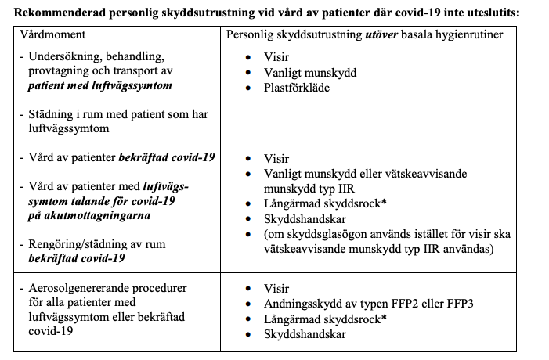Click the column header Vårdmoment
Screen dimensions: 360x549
tap(53, 36)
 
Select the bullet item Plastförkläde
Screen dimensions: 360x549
tap(298, 87)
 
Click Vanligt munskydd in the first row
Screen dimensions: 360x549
tap(311, 72)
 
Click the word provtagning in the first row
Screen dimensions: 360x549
tap(60, 72)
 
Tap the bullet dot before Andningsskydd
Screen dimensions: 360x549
tap(248, 304)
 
